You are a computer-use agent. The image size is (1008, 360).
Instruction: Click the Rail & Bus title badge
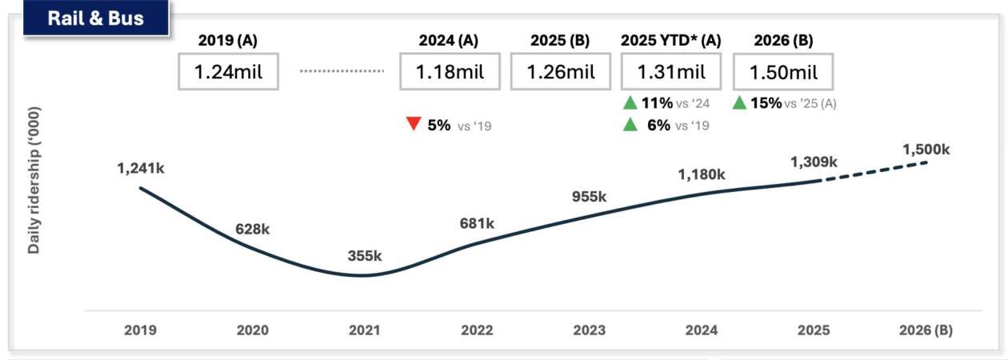tap(96, 18)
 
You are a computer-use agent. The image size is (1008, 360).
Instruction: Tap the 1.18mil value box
tap(450, 73)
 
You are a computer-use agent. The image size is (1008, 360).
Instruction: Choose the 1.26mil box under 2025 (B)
tap(560, 73)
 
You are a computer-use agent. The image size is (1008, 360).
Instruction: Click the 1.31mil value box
tap(671, 73)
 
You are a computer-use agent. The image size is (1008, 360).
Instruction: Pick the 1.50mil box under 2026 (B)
tap(783, 73)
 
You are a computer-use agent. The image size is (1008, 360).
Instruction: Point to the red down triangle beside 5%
tap(414, 125)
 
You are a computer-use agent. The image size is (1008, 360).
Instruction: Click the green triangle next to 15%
tap(739, 102)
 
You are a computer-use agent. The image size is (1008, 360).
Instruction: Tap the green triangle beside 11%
tap(630, 102)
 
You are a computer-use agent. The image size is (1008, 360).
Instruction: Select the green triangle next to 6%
tap(630, 125)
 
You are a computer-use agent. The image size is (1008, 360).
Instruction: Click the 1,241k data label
tap(142, 168)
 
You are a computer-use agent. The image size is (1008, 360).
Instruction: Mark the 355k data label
tap(365, 256)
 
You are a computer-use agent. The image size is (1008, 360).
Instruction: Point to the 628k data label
tap(253, 229)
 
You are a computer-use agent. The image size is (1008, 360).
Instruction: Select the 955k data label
tap(589, 197)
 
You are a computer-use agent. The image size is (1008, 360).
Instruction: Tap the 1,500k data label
tap(926, 149)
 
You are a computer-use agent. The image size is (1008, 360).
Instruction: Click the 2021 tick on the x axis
tap(365, 330)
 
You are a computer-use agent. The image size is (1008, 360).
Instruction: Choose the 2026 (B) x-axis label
tap(926, 330)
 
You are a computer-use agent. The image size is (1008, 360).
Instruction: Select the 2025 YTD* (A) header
tap(671, 40)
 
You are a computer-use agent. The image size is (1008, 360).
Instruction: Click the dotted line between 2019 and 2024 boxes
tap(342, 71)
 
